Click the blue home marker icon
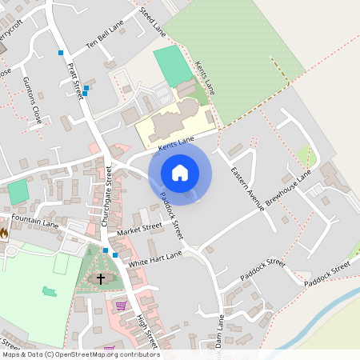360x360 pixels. click(180, 173)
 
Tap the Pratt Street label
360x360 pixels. click(74, 79)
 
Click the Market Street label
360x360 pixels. click(139, 230)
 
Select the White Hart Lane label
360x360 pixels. click(155, 258)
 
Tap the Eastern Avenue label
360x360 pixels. click(246, 190)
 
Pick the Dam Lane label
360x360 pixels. click(219, 331)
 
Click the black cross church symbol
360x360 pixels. click(101, 279)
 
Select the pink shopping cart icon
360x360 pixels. click(121, 306)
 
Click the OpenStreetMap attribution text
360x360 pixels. click(80, 354)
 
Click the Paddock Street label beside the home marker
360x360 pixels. click(172, 215)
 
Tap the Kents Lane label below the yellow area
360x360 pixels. click(176, 143)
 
